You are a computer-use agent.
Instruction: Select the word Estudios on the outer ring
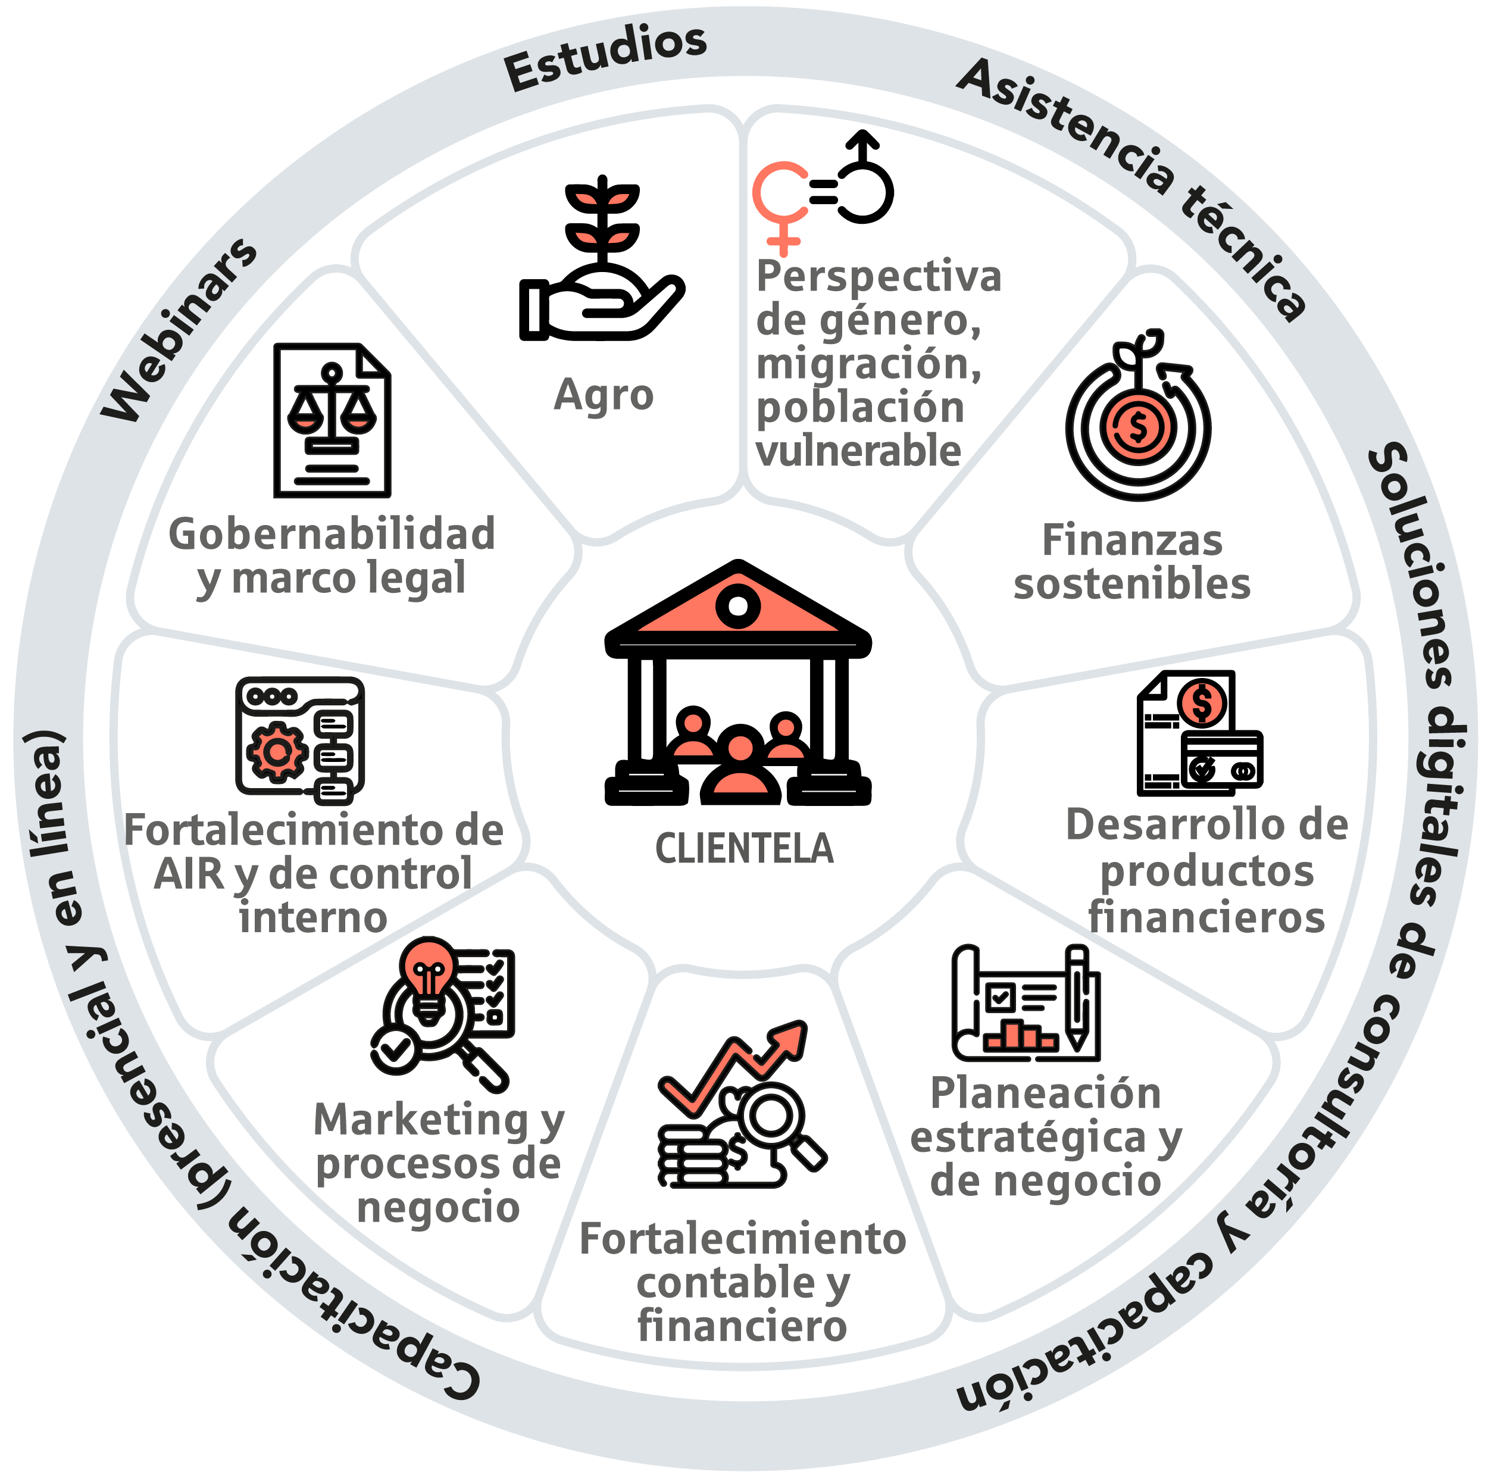click(x=605, y=57)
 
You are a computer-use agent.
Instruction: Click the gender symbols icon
click(x=823, y=192)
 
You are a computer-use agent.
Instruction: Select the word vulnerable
click(x=859, y=451)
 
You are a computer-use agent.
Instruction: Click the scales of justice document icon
click(x=332, y=420)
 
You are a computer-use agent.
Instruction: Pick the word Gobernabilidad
click(x=332, y=534)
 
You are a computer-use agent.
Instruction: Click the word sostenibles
click(x=1132, y=584)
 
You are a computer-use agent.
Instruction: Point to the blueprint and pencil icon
click(x=1027, y=1003)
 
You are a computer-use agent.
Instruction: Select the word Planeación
click(x=1045, y=1093)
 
